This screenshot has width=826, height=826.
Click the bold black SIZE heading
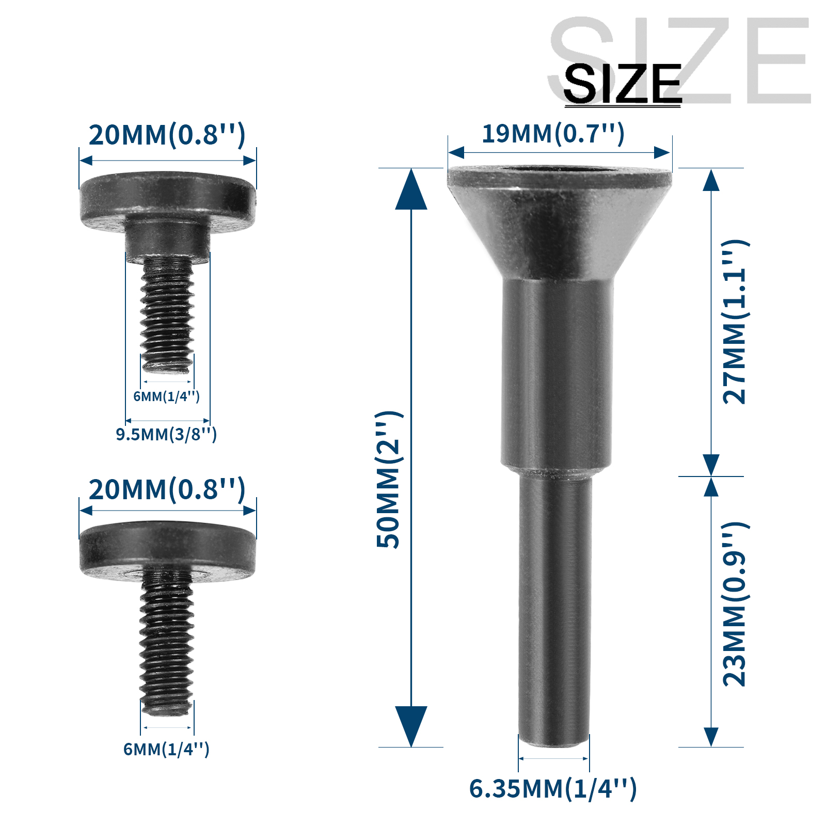coord(622,84)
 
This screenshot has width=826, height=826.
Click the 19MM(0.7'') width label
coord(553,134)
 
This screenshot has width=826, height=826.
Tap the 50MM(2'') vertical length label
coord(388,480)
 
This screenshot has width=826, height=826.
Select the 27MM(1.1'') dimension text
coord(735,322)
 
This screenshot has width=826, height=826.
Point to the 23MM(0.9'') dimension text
coord(735,604)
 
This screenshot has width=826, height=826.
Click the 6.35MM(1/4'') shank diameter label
coord(553,789)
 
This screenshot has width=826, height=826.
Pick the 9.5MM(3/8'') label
coord(166,435)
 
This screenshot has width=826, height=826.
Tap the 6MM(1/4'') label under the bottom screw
coord(166,749)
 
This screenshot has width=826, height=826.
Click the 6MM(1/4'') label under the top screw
coord(166,396)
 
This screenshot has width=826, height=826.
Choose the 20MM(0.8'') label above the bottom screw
coord(167,490)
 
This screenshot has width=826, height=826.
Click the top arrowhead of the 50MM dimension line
coord(411,191)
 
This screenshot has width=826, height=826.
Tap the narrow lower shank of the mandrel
coord(554,609)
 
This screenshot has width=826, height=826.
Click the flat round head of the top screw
coord(168,196)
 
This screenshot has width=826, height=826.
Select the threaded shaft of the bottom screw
coord(166,640)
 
